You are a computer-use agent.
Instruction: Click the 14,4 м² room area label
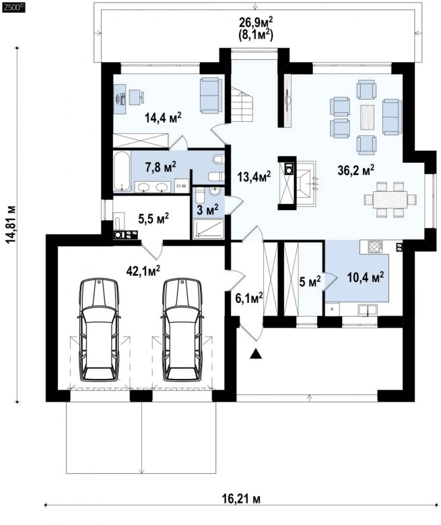(163, 117)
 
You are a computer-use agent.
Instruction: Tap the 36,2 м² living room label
(356, 170)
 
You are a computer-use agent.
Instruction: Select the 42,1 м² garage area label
(143, 271)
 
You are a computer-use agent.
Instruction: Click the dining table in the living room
(391, 200)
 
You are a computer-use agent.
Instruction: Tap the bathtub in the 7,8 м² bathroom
(122, 172)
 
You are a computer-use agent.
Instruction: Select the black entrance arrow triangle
(256, 353)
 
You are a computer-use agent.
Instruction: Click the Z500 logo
(13, 7)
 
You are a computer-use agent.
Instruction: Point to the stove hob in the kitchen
(375, 247)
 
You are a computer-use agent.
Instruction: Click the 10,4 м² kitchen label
(366, 277)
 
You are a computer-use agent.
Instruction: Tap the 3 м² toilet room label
(207, 210)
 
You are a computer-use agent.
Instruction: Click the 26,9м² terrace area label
(256, 22)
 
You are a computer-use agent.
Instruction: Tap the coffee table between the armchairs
(368, 118)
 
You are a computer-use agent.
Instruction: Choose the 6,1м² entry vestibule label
(249, 297)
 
